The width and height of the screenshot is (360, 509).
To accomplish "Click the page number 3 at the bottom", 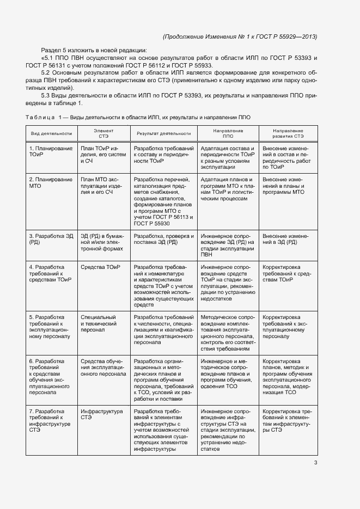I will pyautogui.click(x=315, y=463).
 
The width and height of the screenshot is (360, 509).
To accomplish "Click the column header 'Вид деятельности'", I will pyautogui.click(x=51, y=133).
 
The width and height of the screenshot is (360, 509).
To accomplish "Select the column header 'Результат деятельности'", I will pyautogui.click(x=163, y=133).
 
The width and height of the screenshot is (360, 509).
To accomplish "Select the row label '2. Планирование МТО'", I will pyautogui.click(x=43, y=182).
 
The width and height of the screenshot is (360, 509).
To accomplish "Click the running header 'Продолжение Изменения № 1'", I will pyautogui.click(x=240, y=36).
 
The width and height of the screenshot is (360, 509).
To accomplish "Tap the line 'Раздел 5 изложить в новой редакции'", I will pyautogui.click(x=98, y=51).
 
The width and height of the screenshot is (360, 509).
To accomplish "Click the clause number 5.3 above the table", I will pyautogui.click(x=46, y=95).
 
